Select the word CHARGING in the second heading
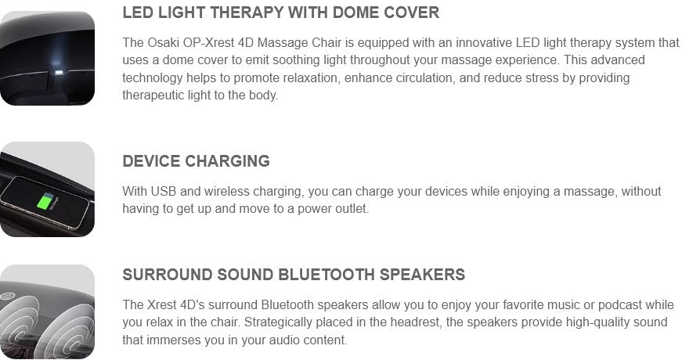coord(228,161)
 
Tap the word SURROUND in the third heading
coord(168,275)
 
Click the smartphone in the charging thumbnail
coord(45,201)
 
